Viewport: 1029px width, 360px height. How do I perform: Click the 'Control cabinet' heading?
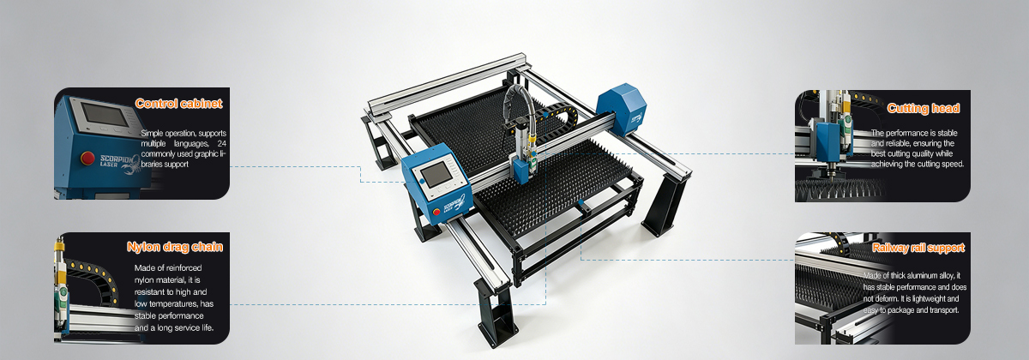coord(178,104)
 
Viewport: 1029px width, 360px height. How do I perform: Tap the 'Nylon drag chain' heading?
coord(175,247)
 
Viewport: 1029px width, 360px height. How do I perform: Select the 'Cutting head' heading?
coord(924,108)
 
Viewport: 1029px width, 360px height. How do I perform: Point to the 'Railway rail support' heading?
coord(918,248)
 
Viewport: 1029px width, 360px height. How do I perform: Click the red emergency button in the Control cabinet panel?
coord(87,158)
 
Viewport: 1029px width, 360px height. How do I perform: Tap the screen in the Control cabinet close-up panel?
coord(105,113)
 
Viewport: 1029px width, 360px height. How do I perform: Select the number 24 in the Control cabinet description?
coord(222,144)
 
